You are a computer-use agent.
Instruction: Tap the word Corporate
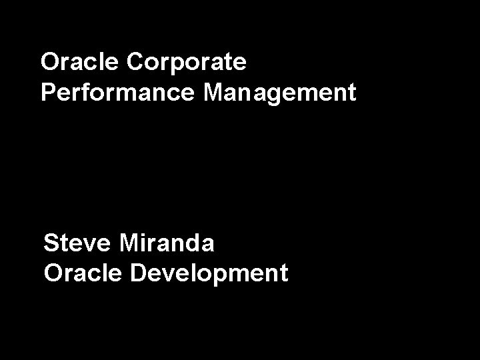(x=187, y=63)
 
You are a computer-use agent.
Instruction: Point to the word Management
(x=280, y=93)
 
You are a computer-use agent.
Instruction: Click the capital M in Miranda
(x=131, y=243)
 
